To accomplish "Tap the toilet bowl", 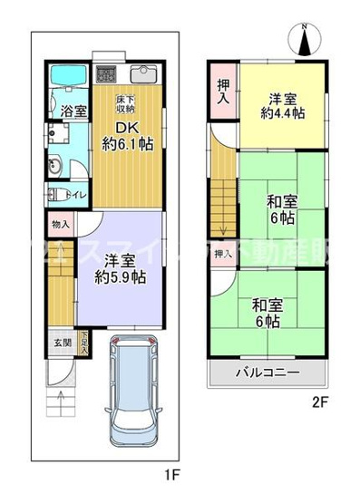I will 53,193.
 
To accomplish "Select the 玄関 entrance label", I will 58,342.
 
